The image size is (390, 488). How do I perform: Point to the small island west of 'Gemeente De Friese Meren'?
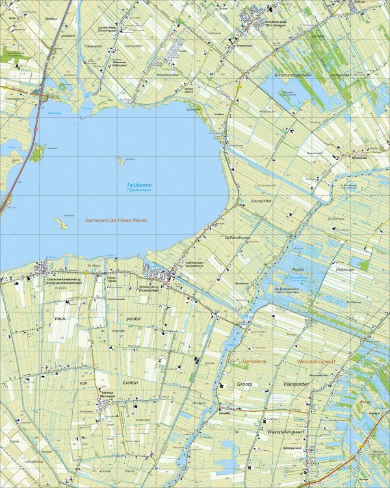click(62, 223)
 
